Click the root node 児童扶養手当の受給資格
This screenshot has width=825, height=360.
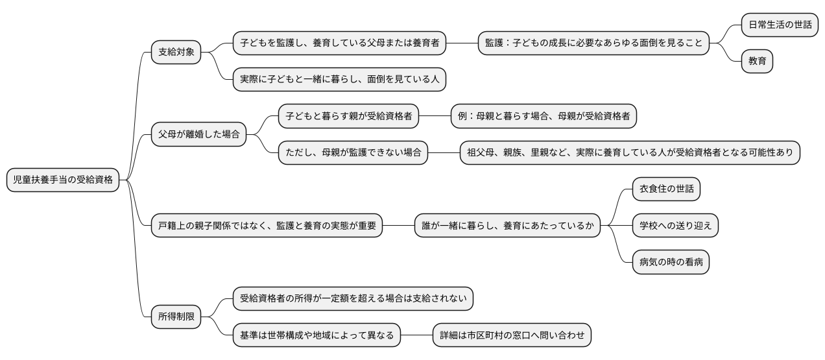tap(63, 180)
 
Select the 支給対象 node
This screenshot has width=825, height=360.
tap(176, 52)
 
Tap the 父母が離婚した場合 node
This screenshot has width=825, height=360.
tap(199, 135)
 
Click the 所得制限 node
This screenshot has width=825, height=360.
tap(176, 317)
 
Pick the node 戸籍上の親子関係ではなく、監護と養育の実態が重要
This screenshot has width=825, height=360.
tap(267, 226)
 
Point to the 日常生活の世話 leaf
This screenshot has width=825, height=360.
tap(780, 25)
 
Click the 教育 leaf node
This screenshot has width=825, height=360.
tap(758, 61)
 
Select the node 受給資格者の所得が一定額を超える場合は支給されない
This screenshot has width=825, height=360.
tap(353, 299)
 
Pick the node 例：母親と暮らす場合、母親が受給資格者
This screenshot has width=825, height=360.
tap(544, 117)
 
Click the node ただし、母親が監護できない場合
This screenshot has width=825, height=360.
tap(353, 153)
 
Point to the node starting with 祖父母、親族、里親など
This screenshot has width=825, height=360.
tap(630, 153)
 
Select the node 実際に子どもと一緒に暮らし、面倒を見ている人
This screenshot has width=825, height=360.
tap(340, 79)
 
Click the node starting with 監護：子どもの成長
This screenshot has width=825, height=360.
tap(593, 43)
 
